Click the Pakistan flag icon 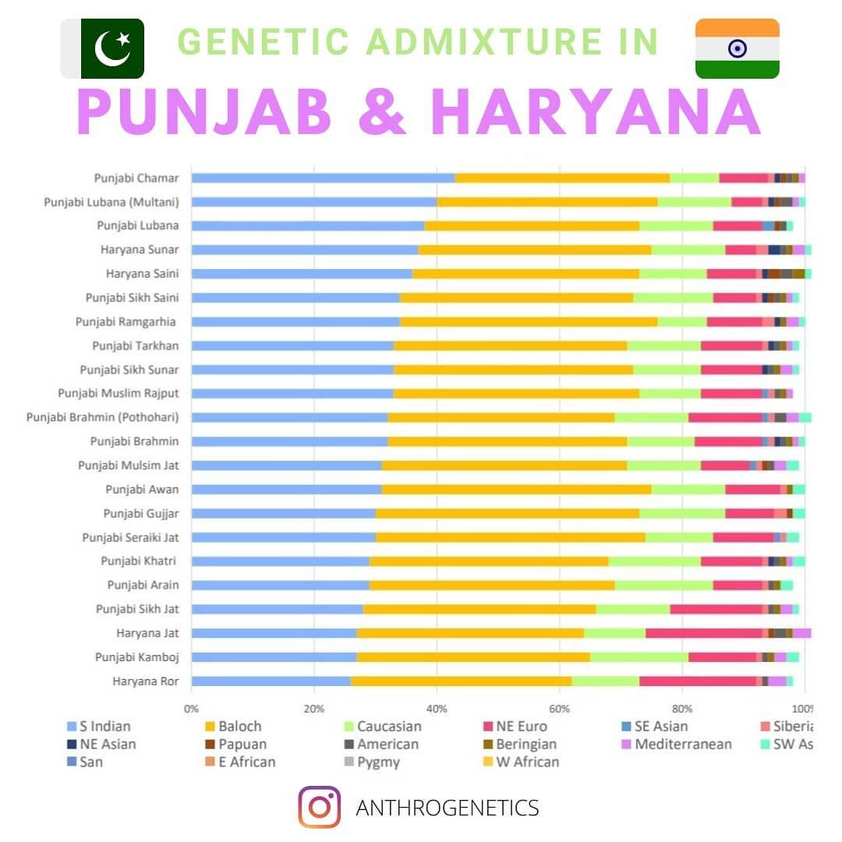(x=102, y=48)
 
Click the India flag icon (x=737, y=48)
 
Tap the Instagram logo (x=319, y=807)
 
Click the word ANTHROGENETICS (x=447, y=808)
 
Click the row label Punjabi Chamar (x=136, y=178)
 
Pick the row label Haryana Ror (x=146, y=681)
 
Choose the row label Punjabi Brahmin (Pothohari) (x=103, y=417)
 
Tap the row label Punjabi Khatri (x=139, y=561)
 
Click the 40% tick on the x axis (x=437, y=709)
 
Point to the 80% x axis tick (x=682, y=709)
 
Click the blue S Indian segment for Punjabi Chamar (x=323, y=178)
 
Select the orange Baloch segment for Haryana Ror (x=461, y=681)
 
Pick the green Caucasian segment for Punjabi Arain (x=663, y=586)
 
